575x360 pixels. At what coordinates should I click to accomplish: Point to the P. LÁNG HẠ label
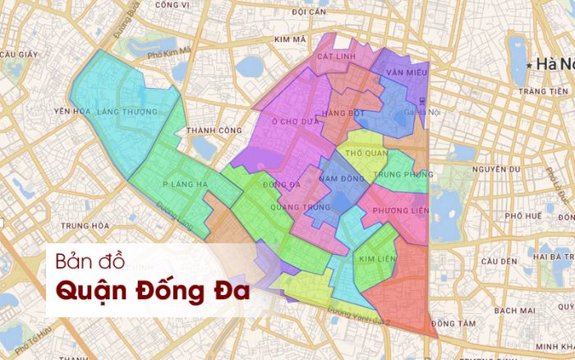coord(184,184)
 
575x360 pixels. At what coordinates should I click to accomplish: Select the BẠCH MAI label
coord(515,310)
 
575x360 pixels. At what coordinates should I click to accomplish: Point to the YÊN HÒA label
coord(70,111)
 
